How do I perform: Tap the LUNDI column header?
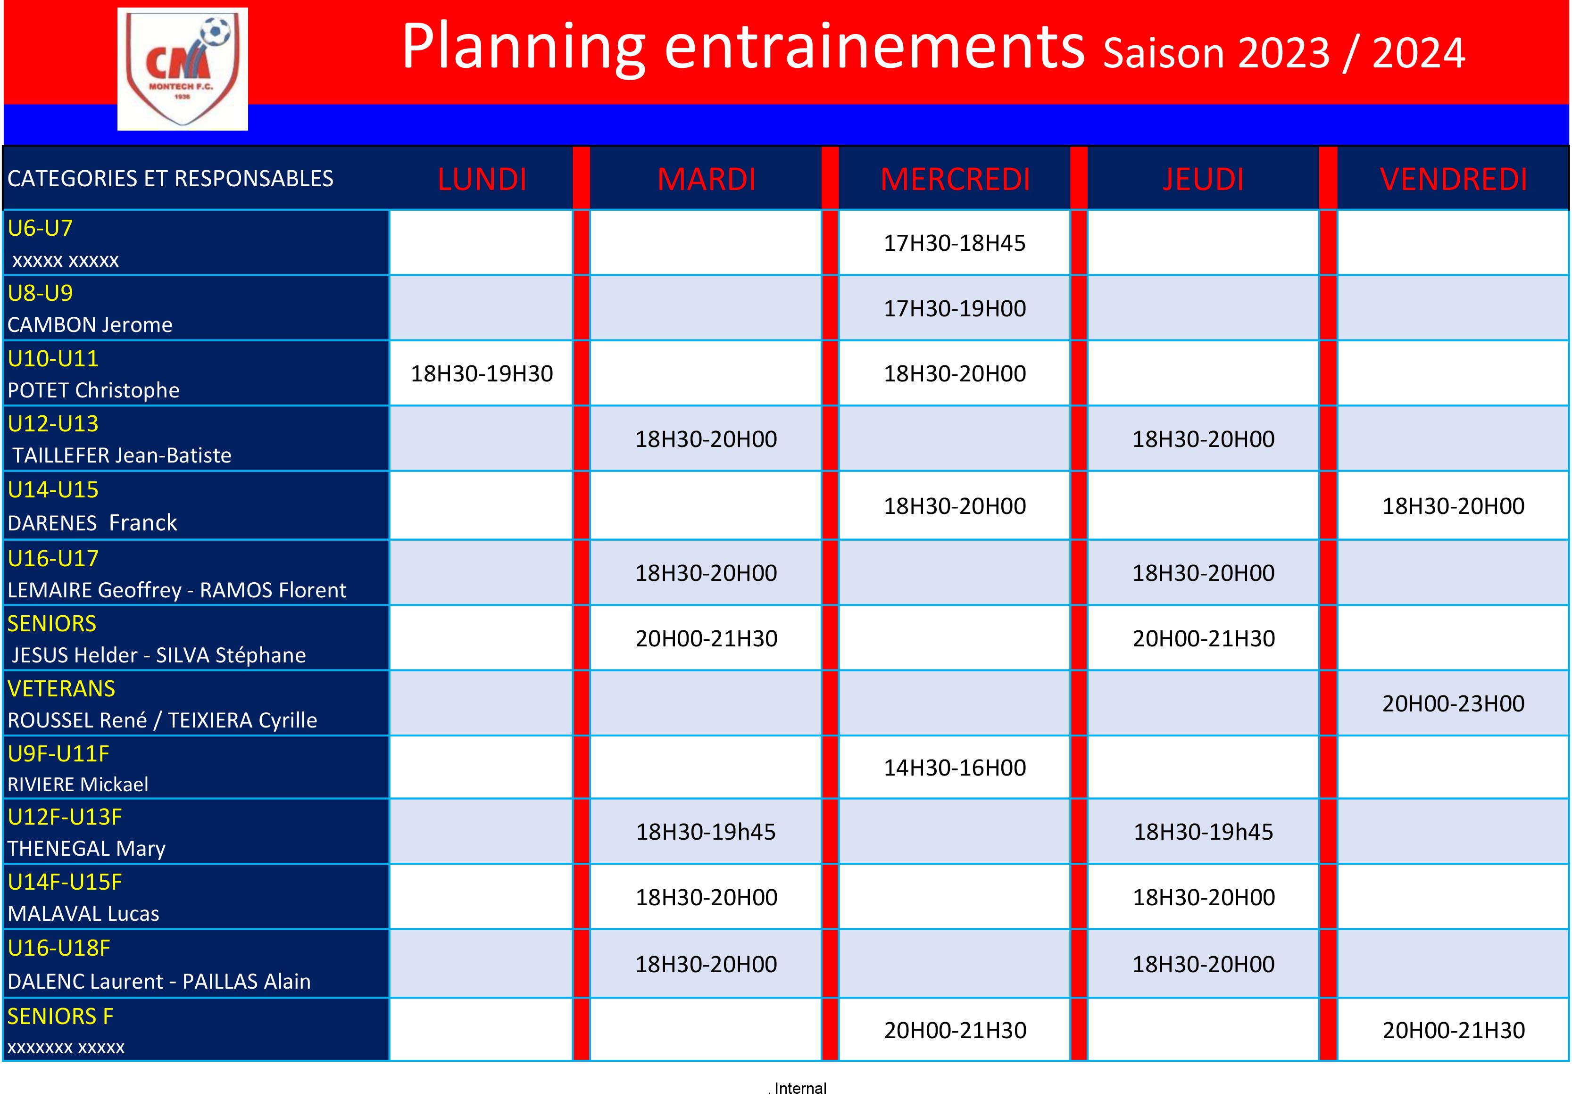[x=482, y=179]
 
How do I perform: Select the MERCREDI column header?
[x=955, y=179]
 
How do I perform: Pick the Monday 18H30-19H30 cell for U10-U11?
[x=482, y=373]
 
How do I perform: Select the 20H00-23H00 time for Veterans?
[x=1453, y=703]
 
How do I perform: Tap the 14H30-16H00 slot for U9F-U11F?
[x=955, y=768]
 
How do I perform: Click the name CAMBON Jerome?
[x=90, y=324]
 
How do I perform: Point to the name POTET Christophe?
[x=93, y=390]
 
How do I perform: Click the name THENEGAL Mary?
[x=86, y=849]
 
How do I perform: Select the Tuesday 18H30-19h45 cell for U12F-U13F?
[x=706, y=832]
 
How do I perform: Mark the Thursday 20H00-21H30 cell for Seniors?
[x=1204, y=638]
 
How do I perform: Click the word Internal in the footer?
[x=800, y=1088]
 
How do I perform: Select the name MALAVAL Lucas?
[x=83, y=914]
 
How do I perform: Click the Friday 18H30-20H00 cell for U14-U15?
[x=1453, y=506]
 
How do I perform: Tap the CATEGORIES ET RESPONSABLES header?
[x=170, y=179]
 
